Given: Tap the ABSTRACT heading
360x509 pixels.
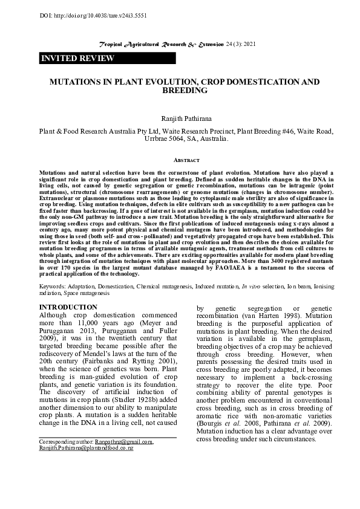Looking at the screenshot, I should click(x=186, y=160).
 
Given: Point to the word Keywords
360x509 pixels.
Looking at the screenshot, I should click(x=52, y=284).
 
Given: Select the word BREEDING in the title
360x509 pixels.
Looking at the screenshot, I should click(x=185, y=91).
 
